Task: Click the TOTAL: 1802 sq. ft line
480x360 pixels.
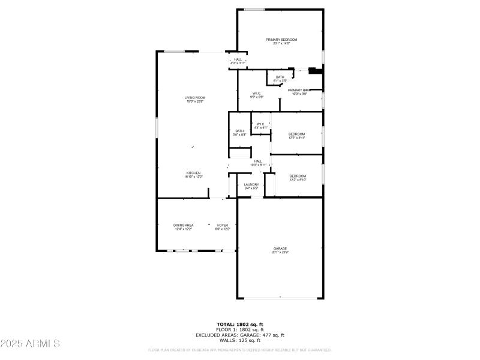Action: (239, 324)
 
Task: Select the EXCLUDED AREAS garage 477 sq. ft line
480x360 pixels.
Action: (239, 335)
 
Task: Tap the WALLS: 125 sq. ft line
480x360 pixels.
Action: (239, 340)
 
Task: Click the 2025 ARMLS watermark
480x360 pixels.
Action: (30, 344)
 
